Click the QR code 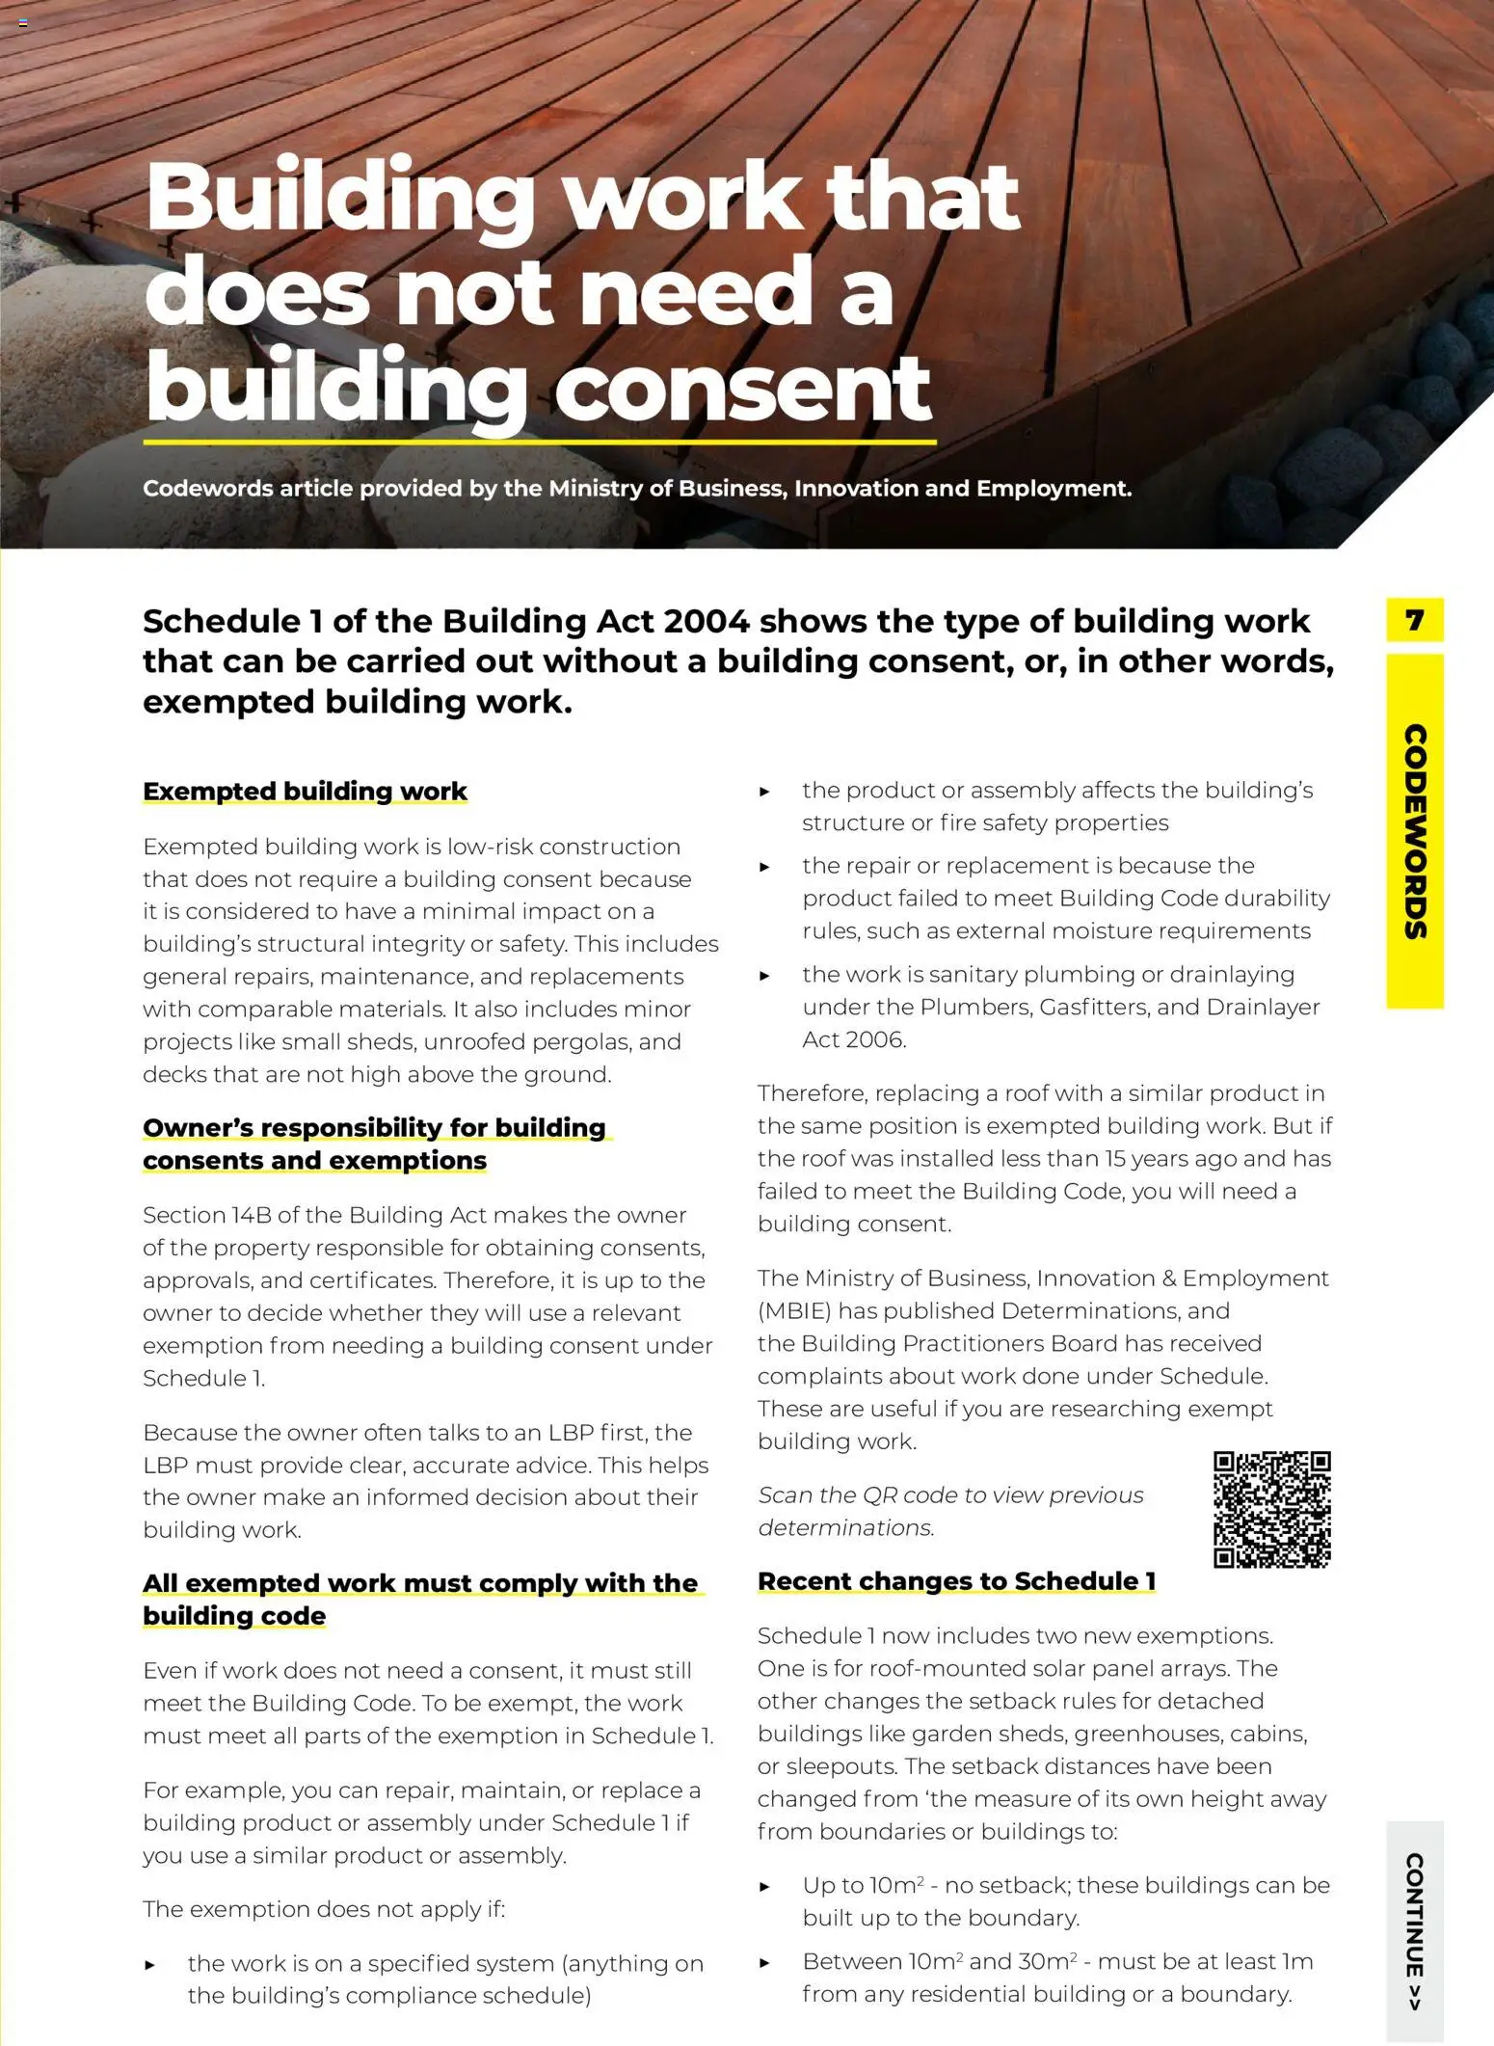[x=1271, y=1509]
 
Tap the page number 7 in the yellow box [x=1414, y=619]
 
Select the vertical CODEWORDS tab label [x=1414, y=831]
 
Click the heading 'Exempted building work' [x=305, y=791]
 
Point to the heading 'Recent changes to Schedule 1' [x=956, y=1581]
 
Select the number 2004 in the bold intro [x=707, y=621]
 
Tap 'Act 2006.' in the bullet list [x=854, y=1039]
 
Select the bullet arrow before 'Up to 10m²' [x=765, y=1886]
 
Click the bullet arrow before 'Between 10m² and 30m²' [x=765, y=1962]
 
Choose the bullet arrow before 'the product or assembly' [x=765, y=792]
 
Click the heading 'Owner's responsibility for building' [x=374, y=1127]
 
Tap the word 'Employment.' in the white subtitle [x=1054, y=488]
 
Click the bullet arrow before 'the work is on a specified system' [x=150, y=1964]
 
